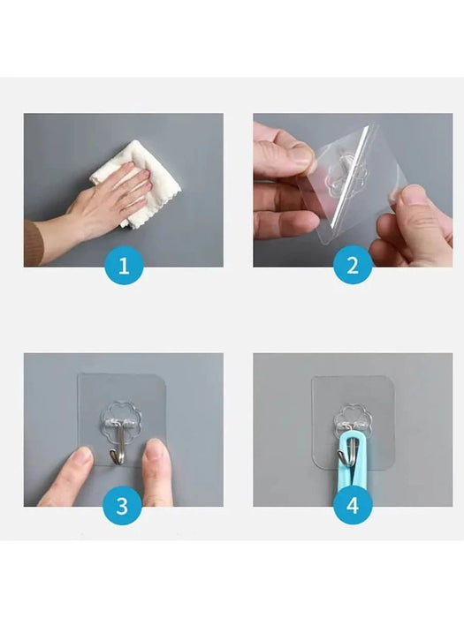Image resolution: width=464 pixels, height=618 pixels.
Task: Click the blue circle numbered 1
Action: click(x=124, y=266)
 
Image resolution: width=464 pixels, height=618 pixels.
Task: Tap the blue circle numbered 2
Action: click(x=353, y=266)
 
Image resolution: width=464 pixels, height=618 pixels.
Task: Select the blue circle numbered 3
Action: click(x=124, y=506)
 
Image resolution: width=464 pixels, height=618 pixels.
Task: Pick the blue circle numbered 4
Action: click(x=353, y=506)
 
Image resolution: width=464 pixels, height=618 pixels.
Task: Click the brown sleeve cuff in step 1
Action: click(x=32, y=242)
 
